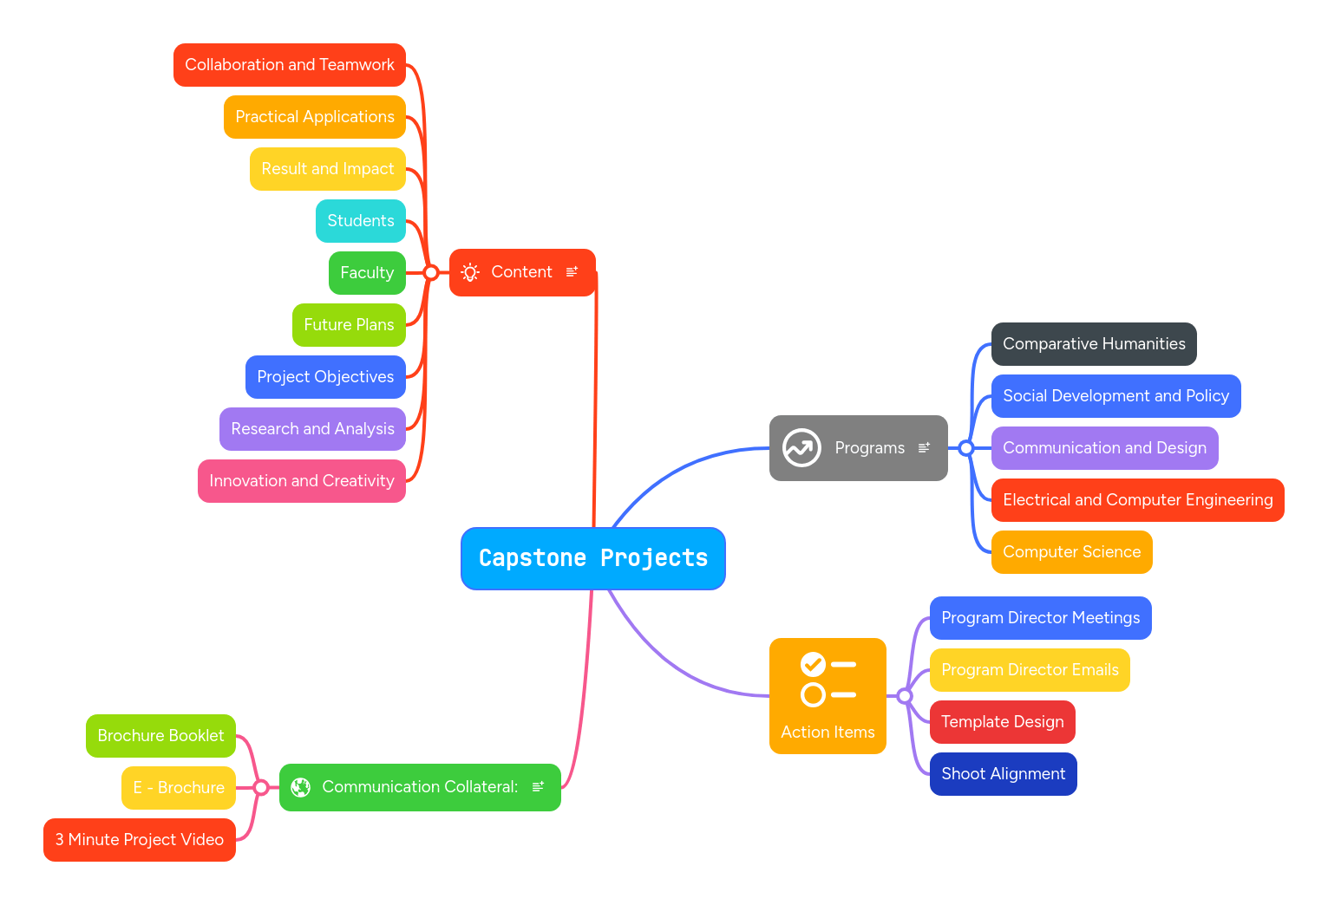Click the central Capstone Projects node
(x=592, y=558)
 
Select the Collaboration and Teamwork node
(x=289, y=65)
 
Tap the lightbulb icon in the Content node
(x=470, y=273)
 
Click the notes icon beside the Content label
(x=572, y=272)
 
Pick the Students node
(x=360, y=221)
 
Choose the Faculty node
(x=366, y=273)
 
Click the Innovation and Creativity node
(x=301, y=481)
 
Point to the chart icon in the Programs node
(x=801, y=448)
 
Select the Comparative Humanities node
(x=1093, y=344)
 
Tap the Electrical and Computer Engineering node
(x=1136, y=500)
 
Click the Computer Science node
(x=1070, y=552)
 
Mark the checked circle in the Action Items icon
(x=813, y=665)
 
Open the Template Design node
(x=1002, y=722)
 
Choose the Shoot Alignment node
(x=1003, y=774)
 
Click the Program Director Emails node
(x=1029, y=670)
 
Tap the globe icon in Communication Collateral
(x=301, y=787)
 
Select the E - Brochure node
(x=178, y=788)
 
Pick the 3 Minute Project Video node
(x=139, y=840)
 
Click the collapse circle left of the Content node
(x=431, y=273)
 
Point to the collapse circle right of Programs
(x=966, y=448)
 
